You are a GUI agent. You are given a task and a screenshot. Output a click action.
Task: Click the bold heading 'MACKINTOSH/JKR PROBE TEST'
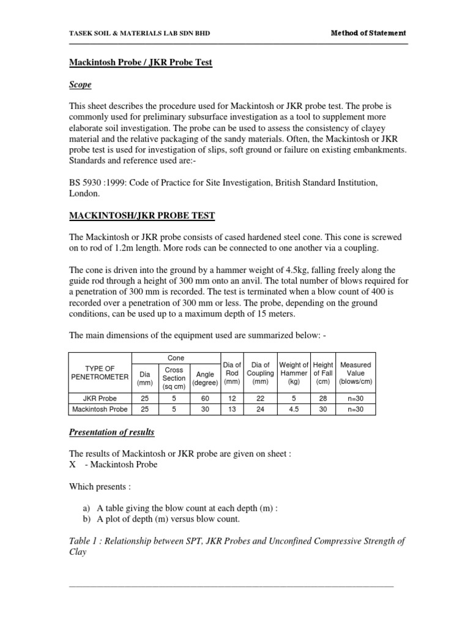click(141, 216)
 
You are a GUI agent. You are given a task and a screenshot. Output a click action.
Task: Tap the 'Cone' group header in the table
click(176, 357)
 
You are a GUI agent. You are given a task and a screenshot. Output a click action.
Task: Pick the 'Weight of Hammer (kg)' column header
click(294, 373)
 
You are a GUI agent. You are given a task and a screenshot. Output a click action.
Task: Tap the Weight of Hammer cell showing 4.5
click(294, 408)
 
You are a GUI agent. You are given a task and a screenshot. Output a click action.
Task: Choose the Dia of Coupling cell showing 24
click(260, 408)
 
